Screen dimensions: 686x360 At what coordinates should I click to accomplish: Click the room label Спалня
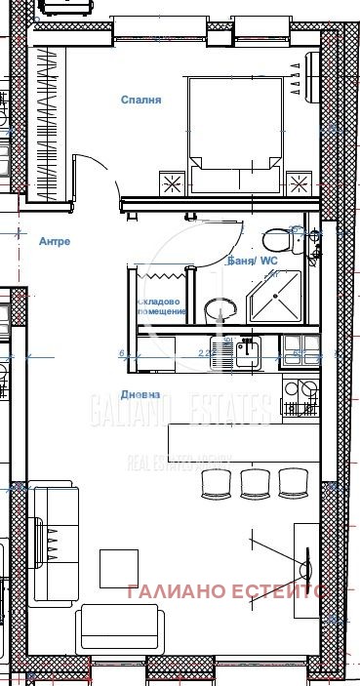pos(140,100)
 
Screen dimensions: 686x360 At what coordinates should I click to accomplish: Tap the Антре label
pos(54,241)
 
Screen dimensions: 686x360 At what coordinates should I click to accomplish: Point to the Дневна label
pos(140,394)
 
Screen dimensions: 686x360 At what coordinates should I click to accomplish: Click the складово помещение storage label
pos(161,305)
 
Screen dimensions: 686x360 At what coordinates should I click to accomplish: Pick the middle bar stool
pos(256,481)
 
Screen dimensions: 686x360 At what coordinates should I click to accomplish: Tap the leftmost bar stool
pos(217,481)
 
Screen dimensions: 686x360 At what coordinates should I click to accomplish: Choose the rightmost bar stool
pos(294,481)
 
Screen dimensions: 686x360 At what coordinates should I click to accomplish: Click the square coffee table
pos(119,567)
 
